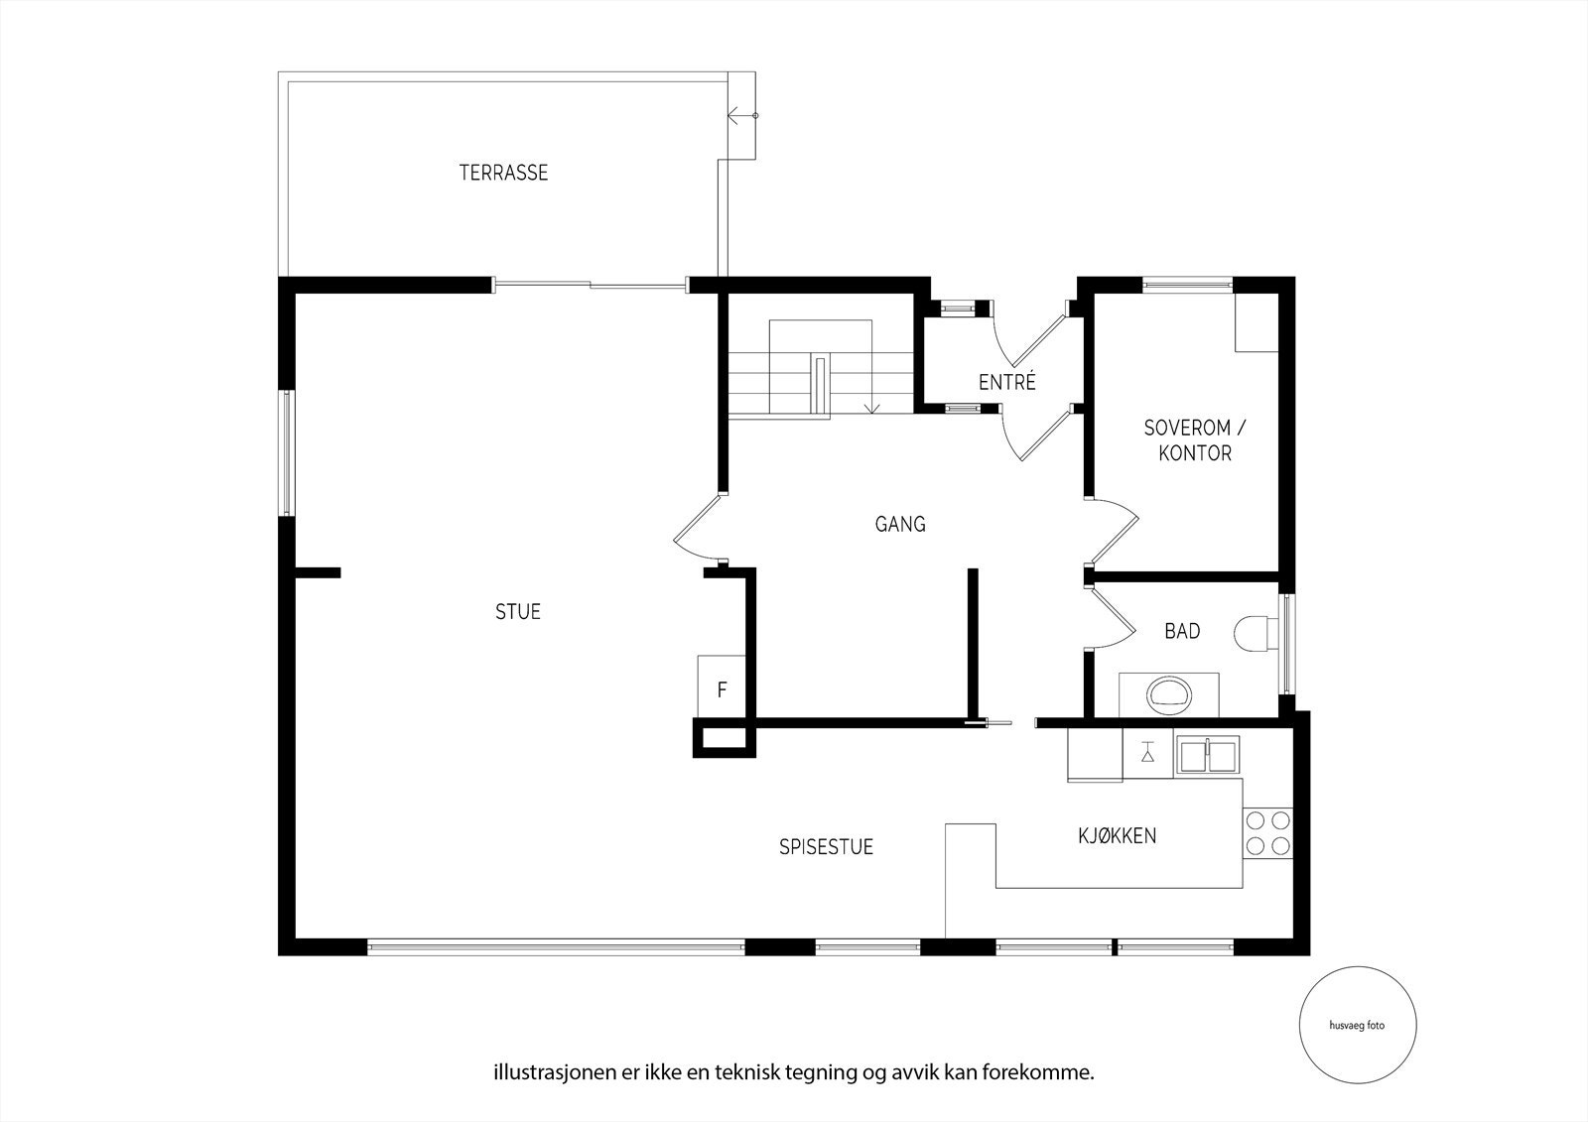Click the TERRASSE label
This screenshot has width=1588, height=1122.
point(503,173)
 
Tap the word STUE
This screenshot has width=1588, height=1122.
point(518,612)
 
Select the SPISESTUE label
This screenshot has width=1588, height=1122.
point(826,847)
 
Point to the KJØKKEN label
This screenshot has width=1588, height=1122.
point(1118,836)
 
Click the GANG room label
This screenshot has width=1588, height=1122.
point(900,524)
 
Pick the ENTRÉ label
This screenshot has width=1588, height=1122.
point(1007,381)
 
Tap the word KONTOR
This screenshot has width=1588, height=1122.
point(1195,453)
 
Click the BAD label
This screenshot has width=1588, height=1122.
point(1182,631)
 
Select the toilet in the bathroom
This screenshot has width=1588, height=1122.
point(1256,633)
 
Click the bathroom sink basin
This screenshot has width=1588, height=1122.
point(1169,695)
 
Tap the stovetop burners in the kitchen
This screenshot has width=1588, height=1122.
point(1267,832)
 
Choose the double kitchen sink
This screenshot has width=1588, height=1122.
point(1207,755)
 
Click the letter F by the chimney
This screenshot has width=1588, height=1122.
point(722,689)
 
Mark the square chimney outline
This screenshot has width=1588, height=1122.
point(724,738)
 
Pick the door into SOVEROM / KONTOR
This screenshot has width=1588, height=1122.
point(1112,532)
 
